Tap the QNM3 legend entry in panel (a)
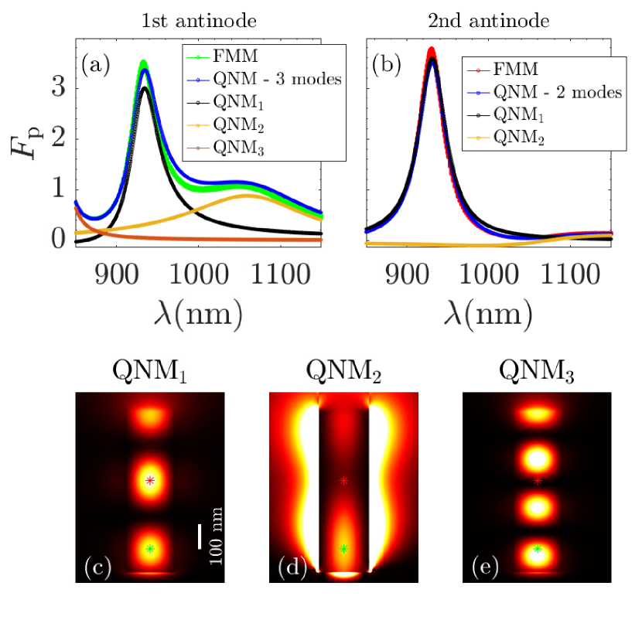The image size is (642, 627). pos(233,151)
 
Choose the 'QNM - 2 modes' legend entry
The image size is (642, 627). pos(550,92)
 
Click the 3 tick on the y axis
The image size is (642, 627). pos(58,87)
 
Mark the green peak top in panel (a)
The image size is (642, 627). pos(143,62)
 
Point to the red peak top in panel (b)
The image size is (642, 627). pos(432,50)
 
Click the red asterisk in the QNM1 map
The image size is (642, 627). pos(150,480)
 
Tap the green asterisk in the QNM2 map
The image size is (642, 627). pos(344,548)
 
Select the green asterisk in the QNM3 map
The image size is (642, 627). pos(538,548)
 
